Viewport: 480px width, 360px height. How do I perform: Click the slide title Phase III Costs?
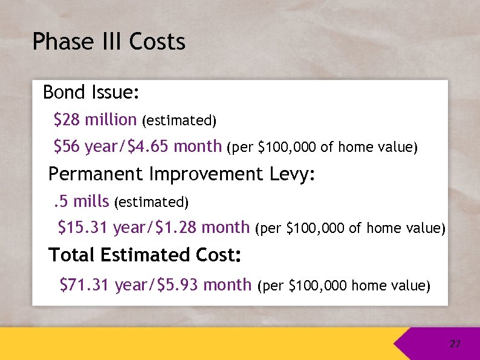(x=109, y=42)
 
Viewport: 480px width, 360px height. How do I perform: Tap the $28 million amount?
(x=95, y=120)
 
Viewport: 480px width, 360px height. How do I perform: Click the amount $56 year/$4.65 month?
(x=138, y=146)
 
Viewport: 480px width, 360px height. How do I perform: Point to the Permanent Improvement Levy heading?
(x=182, y=174)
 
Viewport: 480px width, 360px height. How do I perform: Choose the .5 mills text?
(x=79, y=201)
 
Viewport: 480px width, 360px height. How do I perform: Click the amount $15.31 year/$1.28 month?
(x=153, y=227)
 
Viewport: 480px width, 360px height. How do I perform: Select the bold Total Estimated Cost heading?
(x=145, y=255)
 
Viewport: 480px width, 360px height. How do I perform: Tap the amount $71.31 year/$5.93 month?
(x=155, y=284)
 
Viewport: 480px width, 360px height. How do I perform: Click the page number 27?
(x=455, y=344)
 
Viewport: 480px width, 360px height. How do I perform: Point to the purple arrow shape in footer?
(x=423, y=344)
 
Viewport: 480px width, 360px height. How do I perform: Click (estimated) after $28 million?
(x=179, y=121)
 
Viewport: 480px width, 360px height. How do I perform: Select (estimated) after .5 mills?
(x=152, y=201)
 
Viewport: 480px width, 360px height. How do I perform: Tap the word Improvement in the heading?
(x=206, y=174)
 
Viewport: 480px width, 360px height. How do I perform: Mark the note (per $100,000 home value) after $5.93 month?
(x=344, y=285)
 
